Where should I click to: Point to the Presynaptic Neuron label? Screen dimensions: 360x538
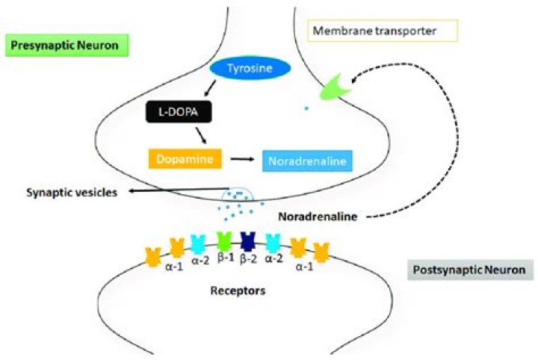(x=67, y=46)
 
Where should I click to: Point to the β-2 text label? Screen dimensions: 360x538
(x=250, y=259)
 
